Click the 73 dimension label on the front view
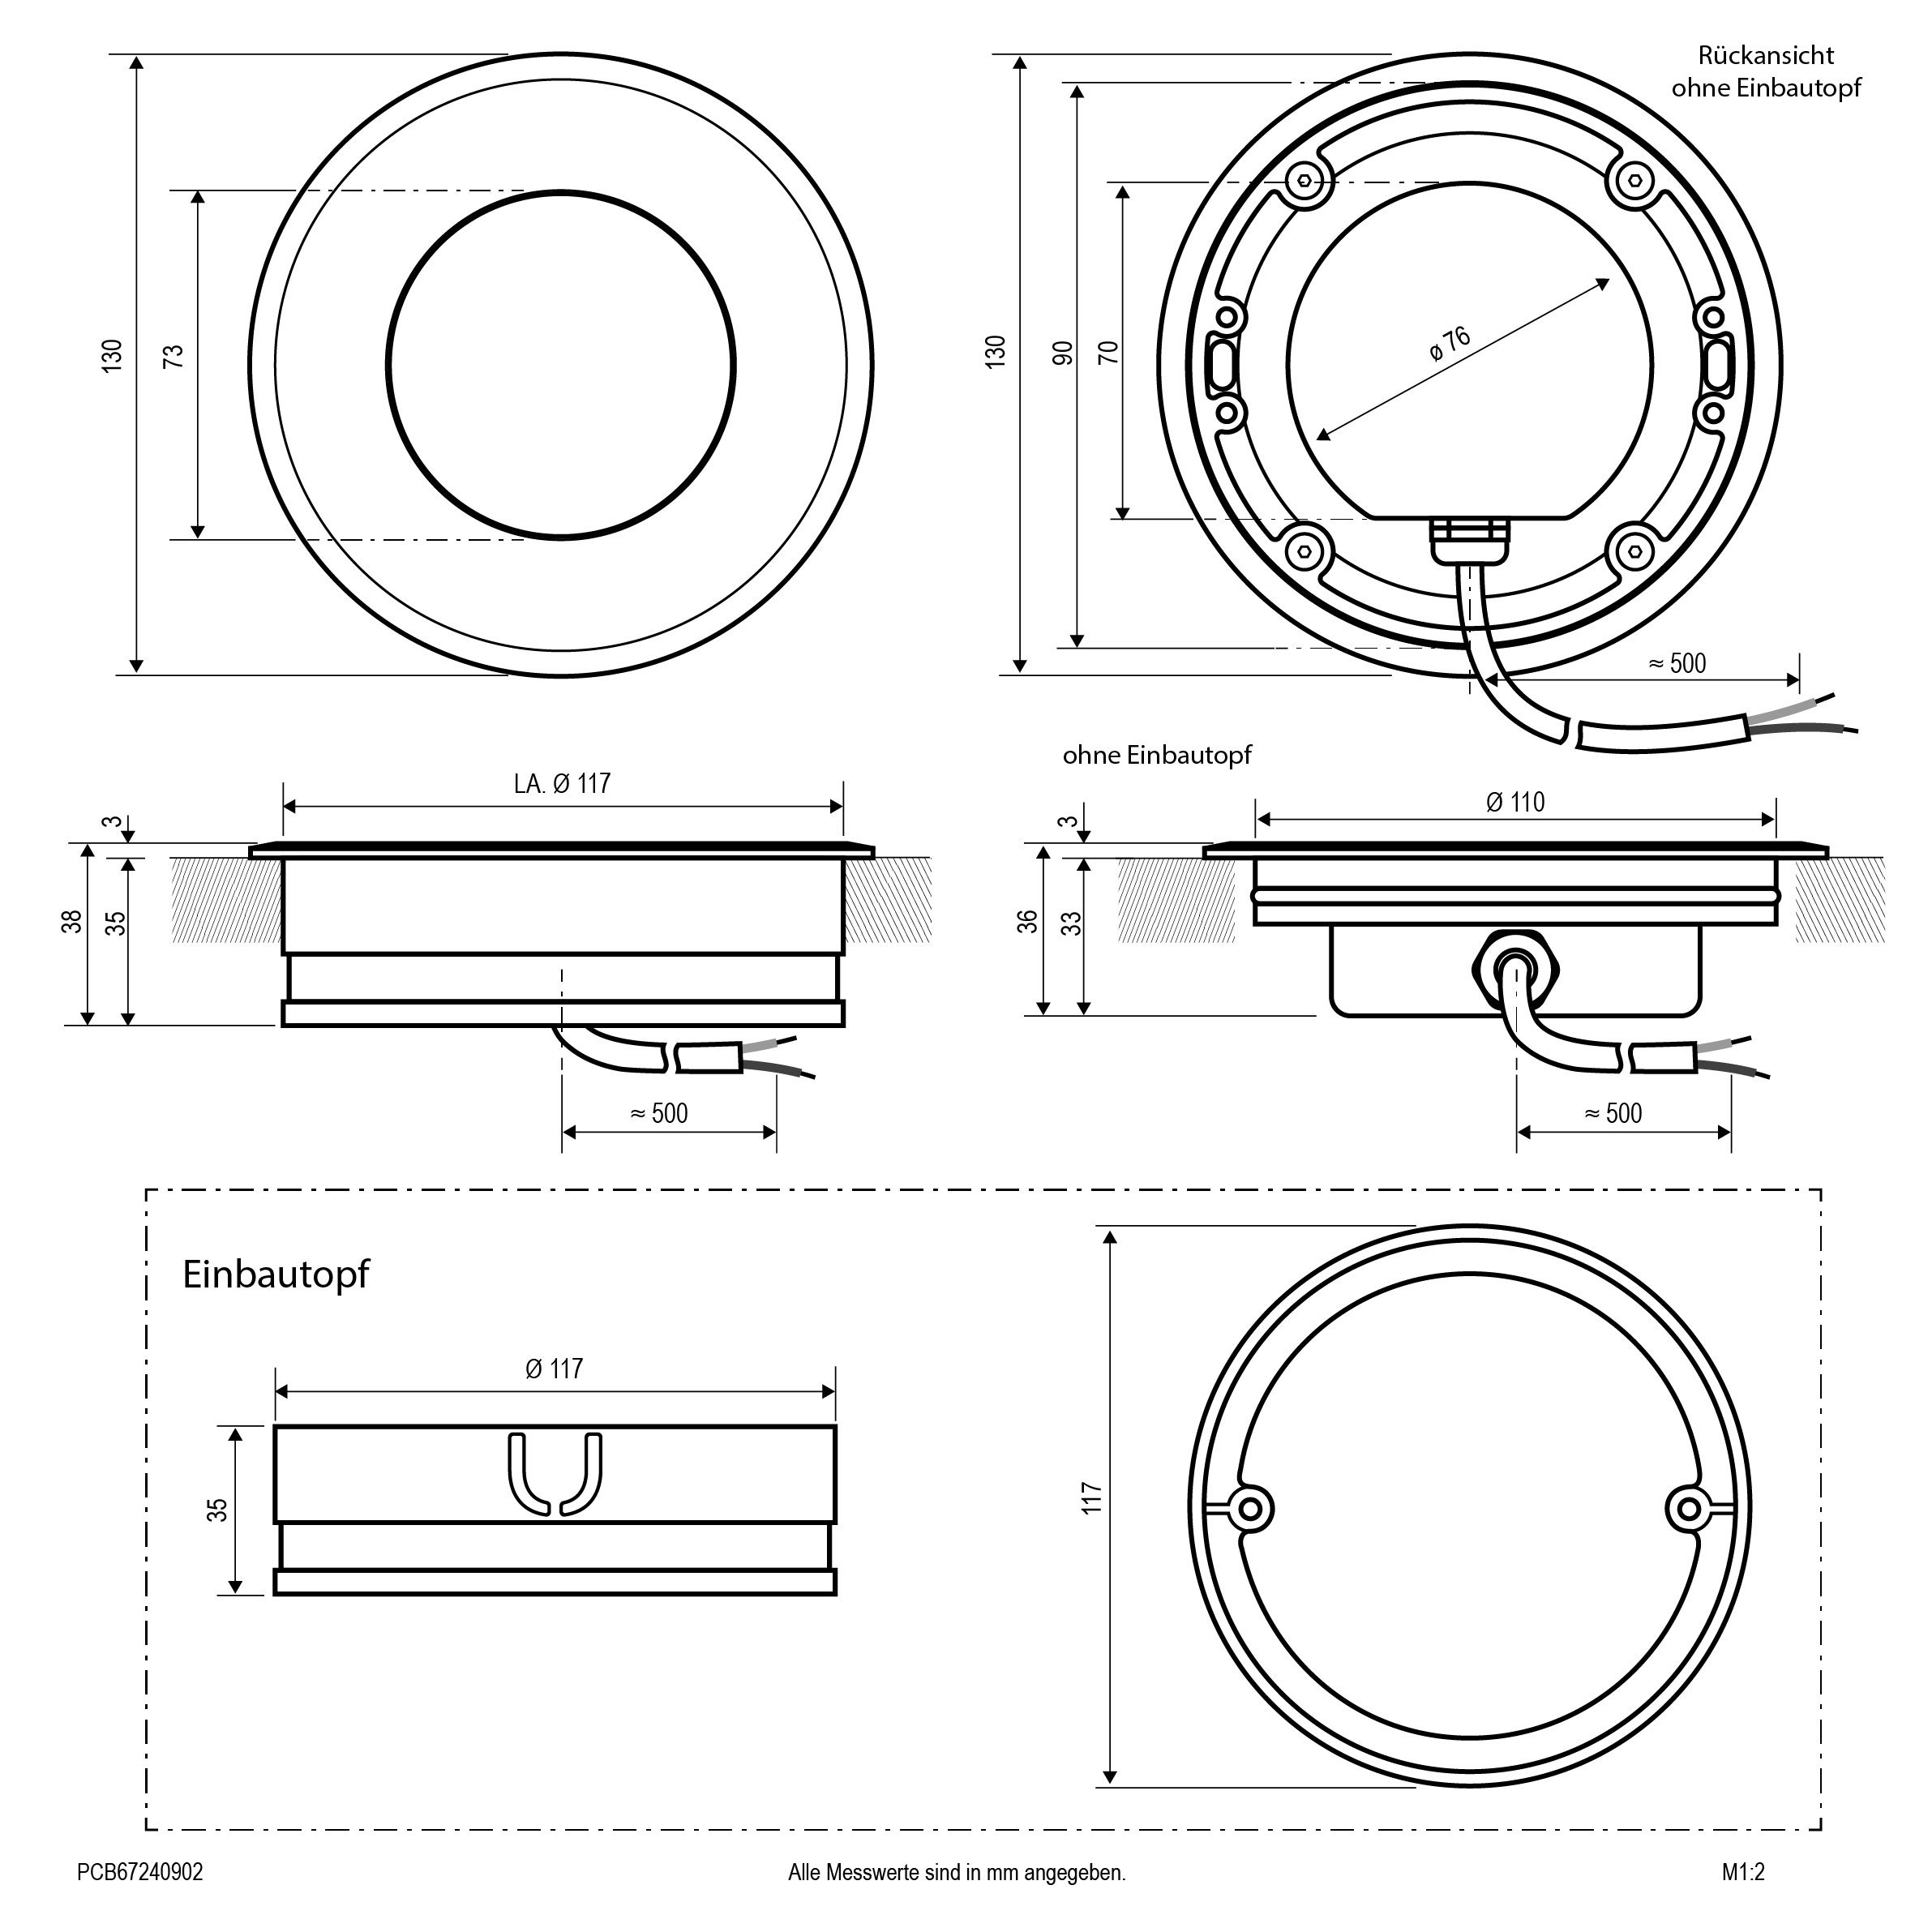174,356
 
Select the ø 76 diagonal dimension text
1450,344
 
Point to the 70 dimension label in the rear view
1109,352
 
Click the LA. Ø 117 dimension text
562,783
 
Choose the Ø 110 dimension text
1515,802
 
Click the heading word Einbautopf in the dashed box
276,1275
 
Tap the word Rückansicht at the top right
1765,55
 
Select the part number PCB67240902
139,1871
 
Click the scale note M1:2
1743,1871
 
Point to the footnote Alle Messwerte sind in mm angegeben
957,1872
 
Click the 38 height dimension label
72,922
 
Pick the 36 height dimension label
1028,921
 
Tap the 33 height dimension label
1072,923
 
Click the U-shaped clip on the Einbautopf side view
555,1474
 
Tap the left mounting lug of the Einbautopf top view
1250,1509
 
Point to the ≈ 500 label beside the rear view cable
1677,663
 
